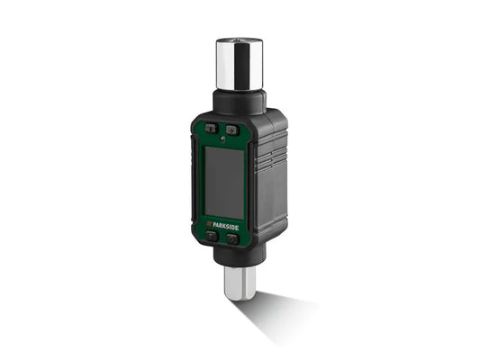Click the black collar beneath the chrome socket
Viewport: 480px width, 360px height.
click(x=238, y=101)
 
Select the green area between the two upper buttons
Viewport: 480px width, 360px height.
click(x=221, y=128)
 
